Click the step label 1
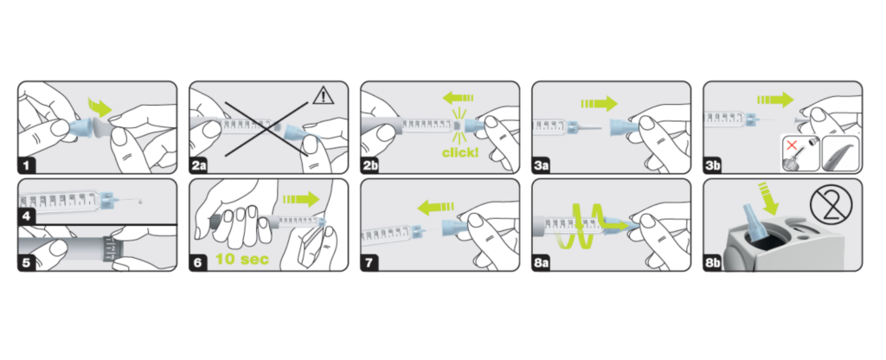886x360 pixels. tap(27, 165)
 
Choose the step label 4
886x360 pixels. tap(27, 215)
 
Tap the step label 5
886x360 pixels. tap(27, 263)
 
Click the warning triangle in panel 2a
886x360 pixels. tap(323, 96)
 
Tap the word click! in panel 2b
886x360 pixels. tap(460, 151)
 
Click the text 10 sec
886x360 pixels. tap(242, 260)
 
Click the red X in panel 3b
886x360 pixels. tap(793, 145)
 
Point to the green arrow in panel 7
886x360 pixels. tap(436, 209)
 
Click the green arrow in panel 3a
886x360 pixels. tap(599, 104)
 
